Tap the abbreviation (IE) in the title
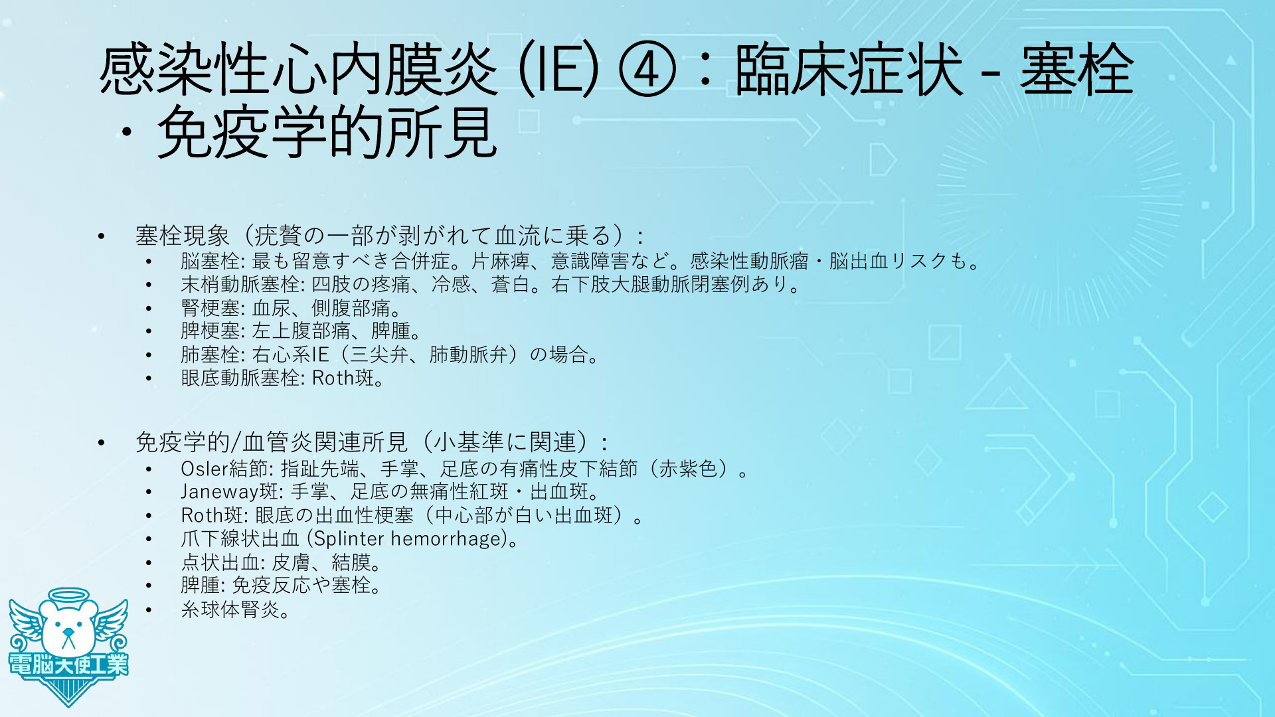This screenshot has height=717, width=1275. pos(557,71)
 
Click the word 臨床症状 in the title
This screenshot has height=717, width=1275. pos(849,71)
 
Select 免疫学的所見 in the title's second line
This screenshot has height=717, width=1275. pos(326,133)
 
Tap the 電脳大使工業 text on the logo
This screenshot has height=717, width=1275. pos(68,665)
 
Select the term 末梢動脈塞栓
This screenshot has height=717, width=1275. pos(240,285)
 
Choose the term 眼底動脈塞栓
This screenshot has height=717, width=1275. pos(240,378)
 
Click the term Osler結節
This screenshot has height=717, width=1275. pos(224,469)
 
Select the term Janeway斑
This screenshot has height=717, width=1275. pos(228,492)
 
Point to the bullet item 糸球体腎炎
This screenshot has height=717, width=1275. pos(235,609)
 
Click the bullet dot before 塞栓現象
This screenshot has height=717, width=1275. pos(101,236)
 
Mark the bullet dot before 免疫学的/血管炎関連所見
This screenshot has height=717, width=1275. pos(101,442)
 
